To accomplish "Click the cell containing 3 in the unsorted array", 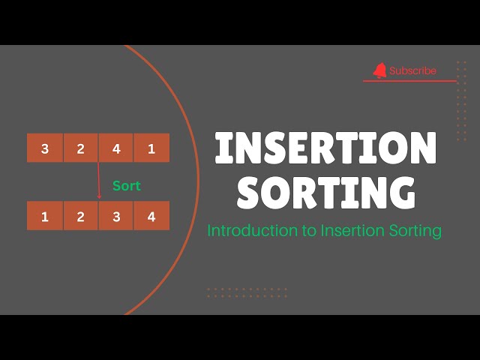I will pyautogui.click(x=45, y=148).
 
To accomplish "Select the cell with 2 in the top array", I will pyautogui.click(x=80, y=148).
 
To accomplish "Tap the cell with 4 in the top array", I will pyautogui.click(x=116, y=148).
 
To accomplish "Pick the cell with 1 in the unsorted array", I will pyautogui.click(x=151, y=148).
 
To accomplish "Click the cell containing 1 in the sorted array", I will pyautogui.click(x=45, y=217).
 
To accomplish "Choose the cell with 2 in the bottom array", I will pyautogui.click(x=80, y=217).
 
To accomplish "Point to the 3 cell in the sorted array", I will pyautogui.click(x=116, y=217).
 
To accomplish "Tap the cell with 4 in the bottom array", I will pyautogui.click(x=151, y=217).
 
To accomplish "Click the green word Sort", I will pyautogui.click(x=126, y=186).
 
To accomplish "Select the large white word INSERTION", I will pyautogui.click(x=325, y=148).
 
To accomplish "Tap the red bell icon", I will pyautogui.click(x=380, y=70).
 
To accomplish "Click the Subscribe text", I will pyautogui.click(x=412, y=70).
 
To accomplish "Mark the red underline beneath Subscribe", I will pyautogui.click(x=409, y=81).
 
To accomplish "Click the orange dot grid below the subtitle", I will pyautogui.click(x=247, y=292).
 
